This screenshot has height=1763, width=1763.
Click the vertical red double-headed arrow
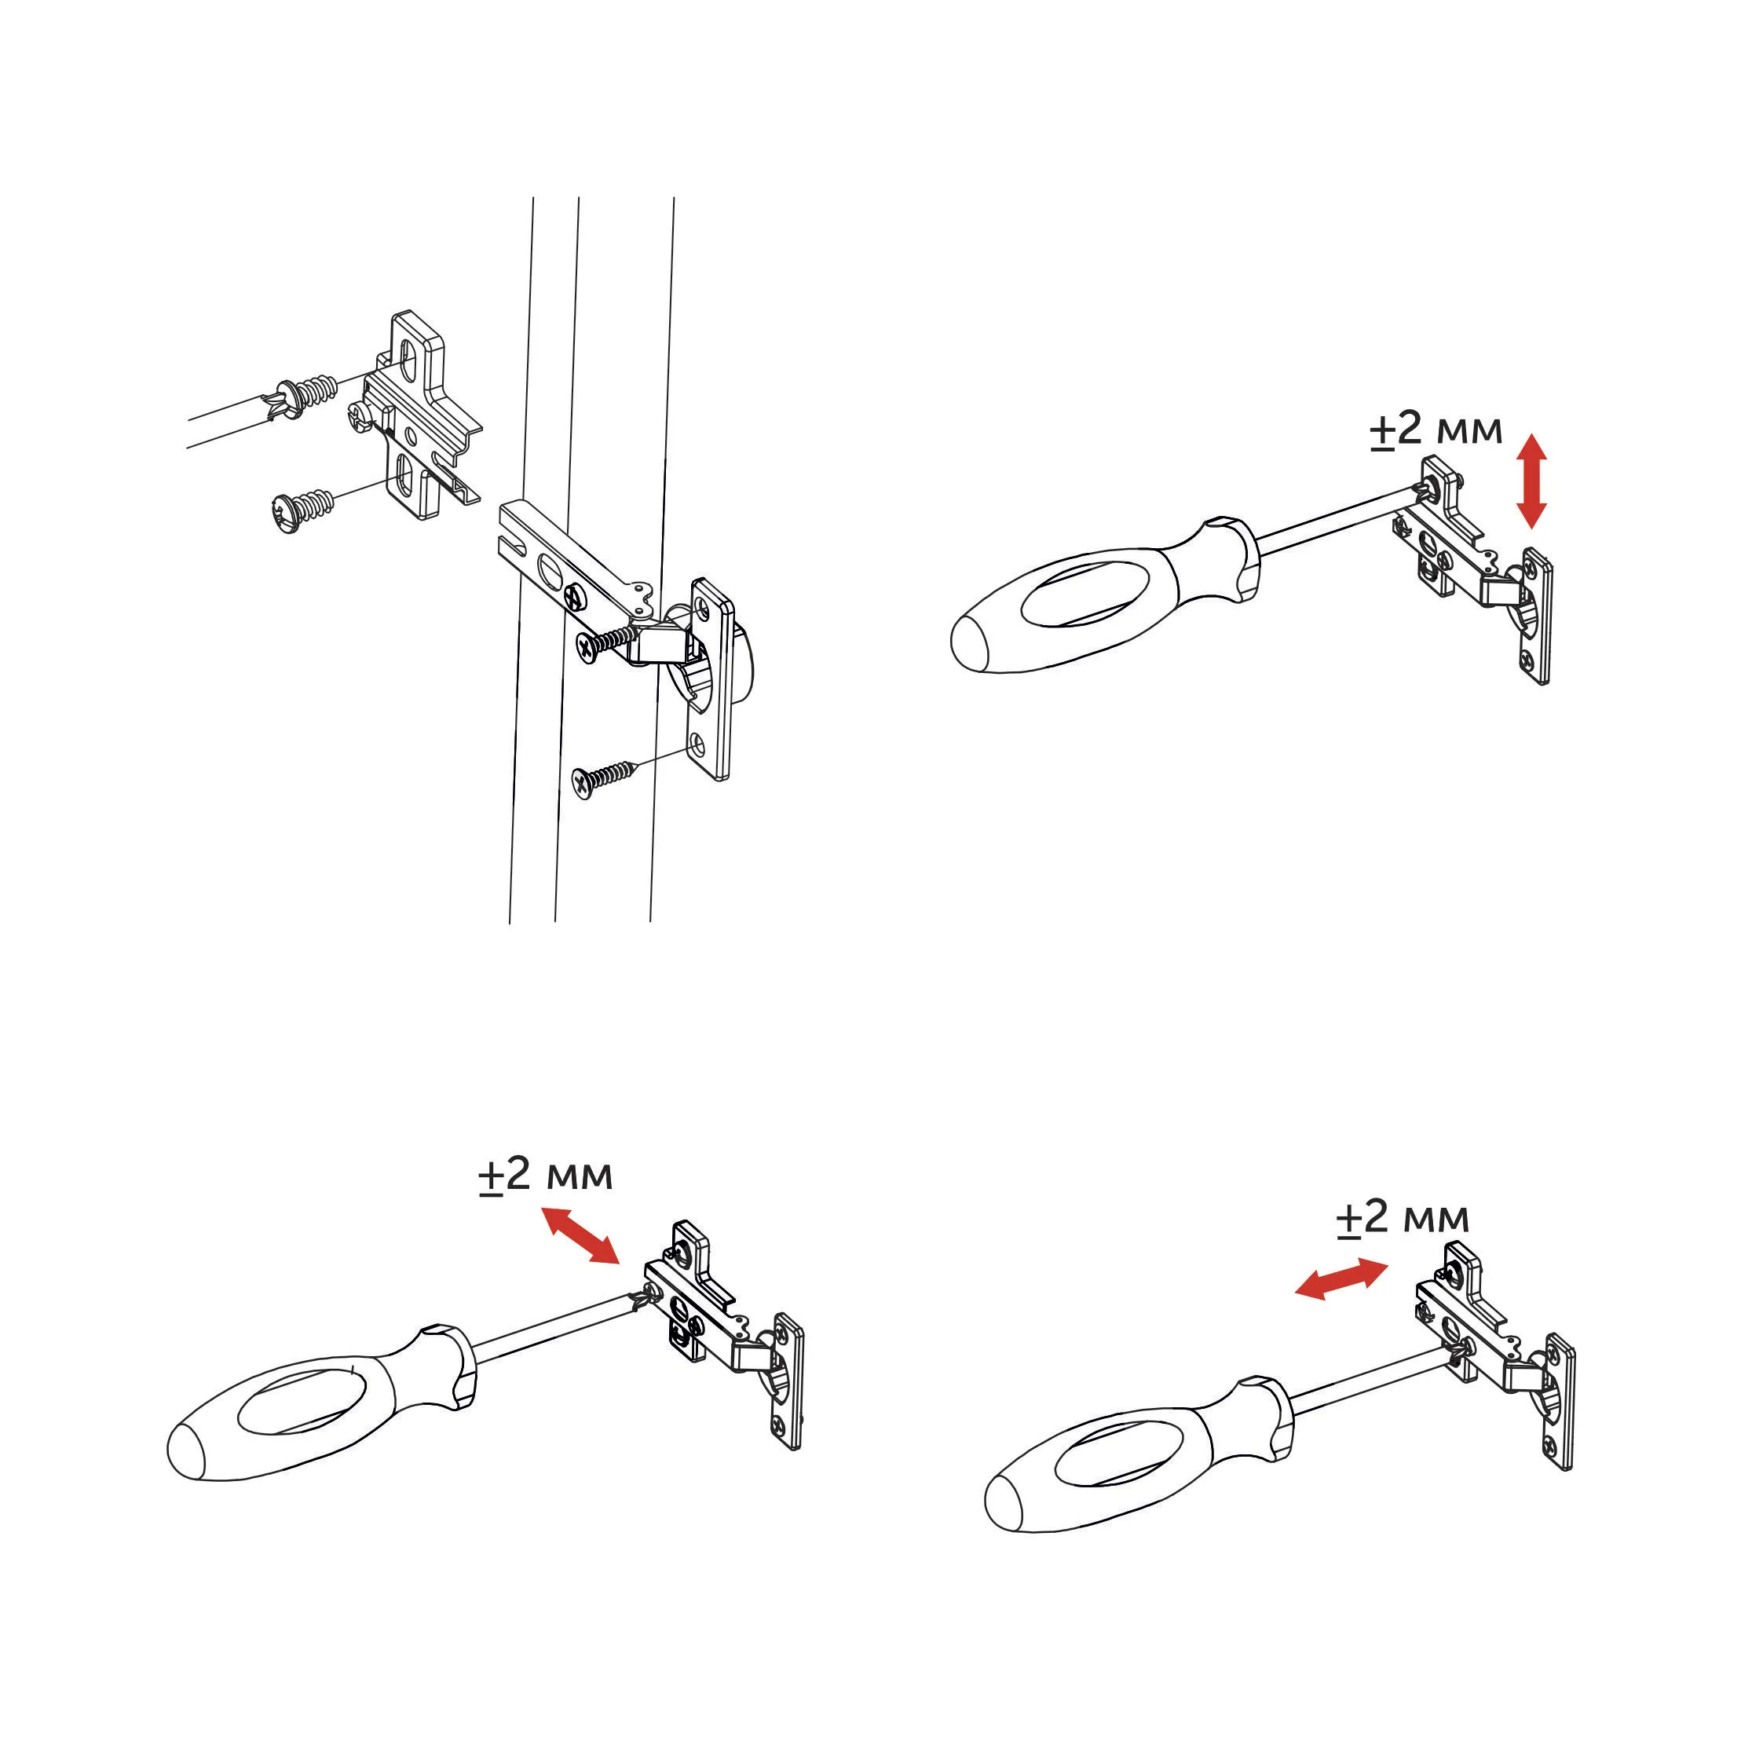[x=1531, y=481]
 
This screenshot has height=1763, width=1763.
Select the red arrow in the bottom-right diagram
[x=1341, y=1278]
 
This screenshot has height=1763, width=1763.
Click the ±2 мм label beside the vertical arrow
[x=1436, y=429]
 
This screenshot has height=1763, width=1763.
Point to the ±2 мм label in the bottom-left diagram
[x=546, y=1176]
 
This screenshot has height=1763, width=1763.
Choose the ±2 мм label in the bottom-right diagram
[x=1403, y=1218]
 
